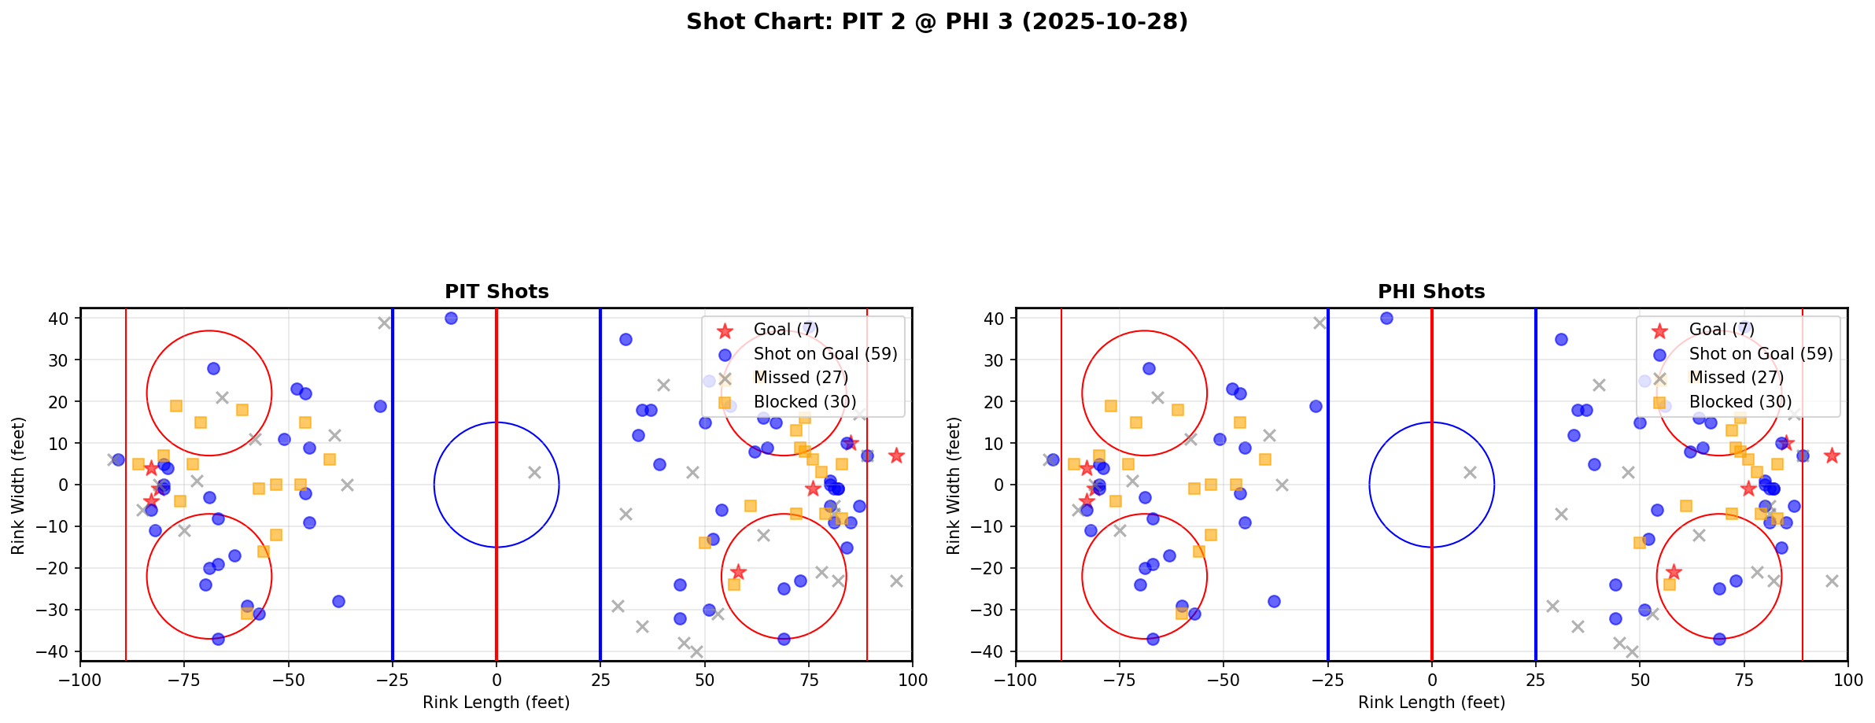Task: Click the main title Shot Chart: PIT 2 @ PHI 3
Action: (x=936, y=22)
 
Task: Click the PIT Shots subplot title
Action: (x=496, y=292)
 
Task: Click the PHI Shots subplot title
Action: (x=1431, y=292)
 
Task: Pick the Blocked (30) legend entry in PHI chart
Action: (x=1740, y=402)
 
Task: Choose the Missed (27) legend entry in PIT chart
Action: (x=800, y=378)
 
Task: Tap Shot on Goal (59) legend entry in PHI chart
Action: (x=1760, y=354)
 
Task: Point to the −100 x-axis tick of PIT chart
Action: (x=80, y=680)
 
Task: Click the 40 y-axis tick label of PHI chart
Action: (x=995, y=319)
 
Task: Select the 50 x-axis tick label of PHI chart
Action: (x=1640, y=680)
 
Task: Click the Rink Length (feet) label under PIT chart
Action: (x=496, y=703)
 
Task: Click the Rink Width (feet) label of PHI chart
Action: (x=954, y=485)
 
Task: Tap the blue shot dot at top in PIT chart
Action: (x=451, y=319)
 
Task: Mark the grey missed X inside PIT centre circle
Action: (x=534, y=473)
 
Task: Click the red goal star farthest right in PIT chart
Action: (x=896, y=456)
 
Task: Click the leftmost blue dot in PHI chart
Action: (x=1053, y=459)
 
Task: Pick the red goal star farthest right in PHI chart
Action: (x=1832, y=456)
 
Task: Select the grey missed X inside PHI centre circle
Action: (x=1470, y=473)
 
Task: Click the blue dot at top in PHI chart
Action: (x=1386, y=319)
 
